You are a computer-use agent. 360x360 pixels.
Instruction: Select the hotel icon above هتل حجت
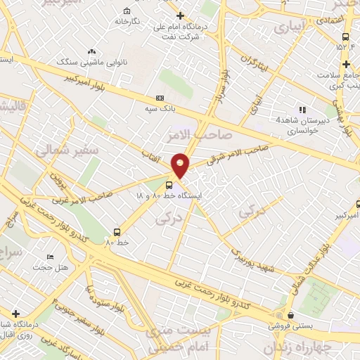pos(49,257)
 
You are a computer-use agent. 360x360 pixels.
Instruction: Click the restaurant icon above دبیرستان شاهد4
pos(302,110)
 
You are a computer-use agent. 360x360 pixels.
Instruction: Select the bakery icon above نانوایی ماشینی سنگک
pos(91,51)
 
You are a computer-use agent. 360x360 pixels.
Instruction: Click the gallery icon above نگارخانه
pos(126,11)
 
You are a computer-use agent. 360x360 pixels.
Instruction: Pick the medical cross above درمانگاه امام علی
pos(180,15)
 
